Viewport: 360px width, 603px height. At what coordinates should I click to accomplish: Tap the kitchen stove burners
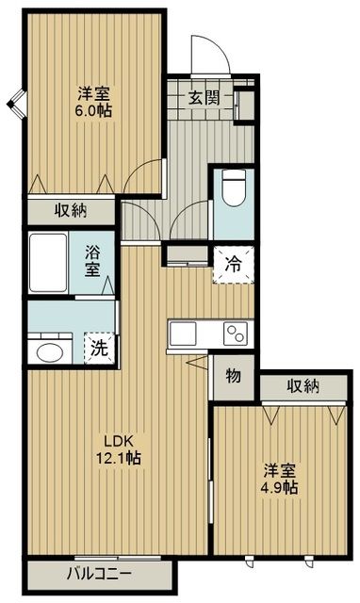pos(232,334)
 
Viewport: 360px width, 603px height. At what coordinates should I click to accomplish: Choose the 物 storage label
pos(233,375)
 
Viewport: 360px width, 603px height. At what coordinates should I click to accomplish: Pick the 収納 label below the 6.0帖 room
pos(70,211)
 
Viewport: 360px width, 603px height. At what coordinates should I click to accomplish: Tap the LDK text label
pos(117,441)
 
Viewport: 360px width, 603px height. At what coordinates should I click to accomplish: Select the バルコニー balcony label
pos(98,575)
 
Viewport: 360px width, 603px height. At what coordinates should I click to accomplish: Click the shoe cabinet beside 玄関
pos(244,103)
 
